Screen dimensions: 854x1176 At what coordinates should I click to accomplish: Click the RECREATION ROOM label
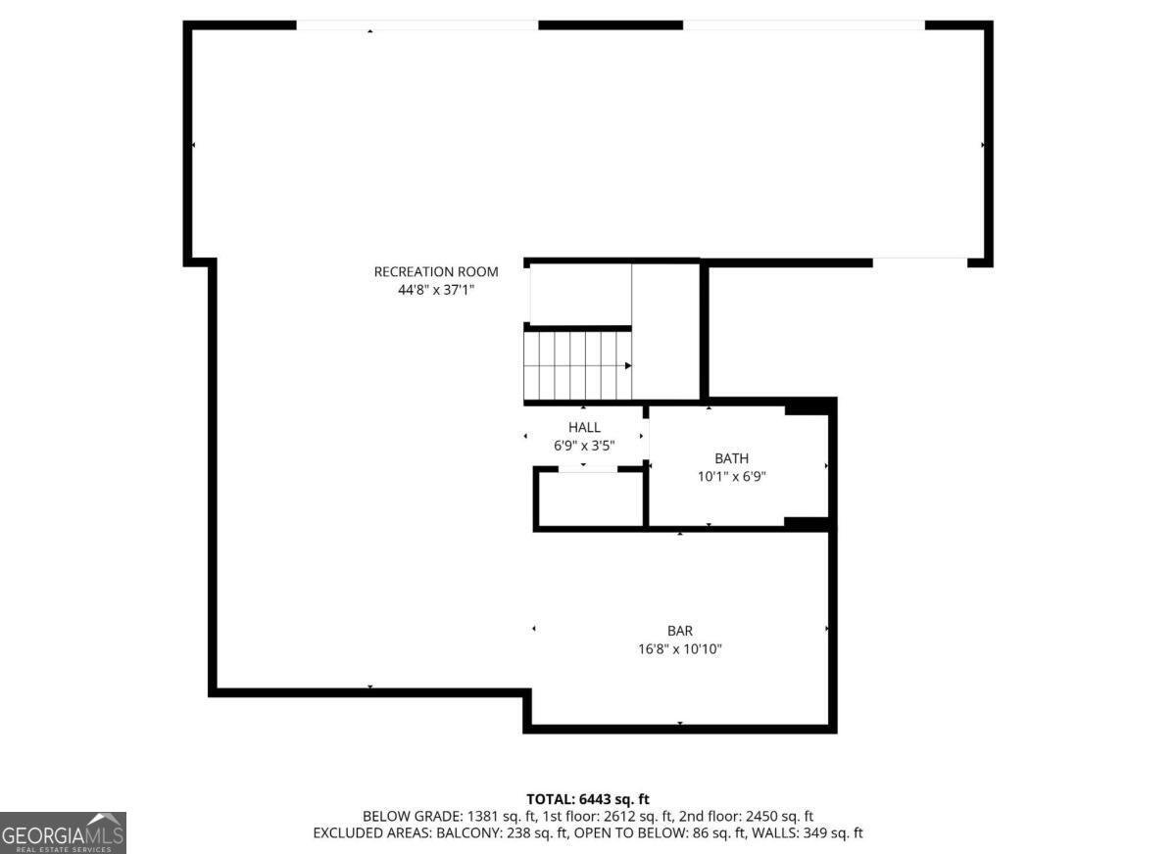(436, 271)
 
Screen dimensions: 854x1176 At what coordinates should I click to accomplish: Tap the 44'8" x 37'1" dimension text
(436, 290)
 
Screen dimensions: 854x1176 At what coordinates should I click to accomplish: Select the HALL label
(584, 427)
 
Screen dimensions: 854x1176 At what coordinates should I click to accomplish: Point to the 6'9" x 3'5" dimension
(584, 446)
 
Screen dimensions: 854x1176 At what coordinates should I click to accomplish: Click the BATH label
(731, 458)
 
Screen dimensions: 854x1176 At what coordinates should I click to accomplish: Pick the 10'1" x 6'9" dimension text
(731, 477)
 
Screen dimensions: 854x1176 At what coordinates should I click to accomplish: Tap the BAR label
(679, 631)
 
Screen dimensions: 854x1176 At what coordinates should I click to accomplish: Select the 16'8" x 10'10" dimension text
(679, 649)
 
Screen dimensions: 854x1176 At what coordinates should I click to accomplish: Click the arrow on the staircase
(627, 365)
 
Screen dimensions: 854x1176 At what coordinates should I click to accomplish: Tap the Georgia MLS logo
(63, 832)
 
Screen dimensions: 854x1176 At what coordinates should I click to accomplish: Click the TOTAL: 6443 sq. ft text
(588, 800)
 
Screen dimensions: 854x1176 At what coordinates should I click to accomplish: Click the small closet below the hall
(590, 499)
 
